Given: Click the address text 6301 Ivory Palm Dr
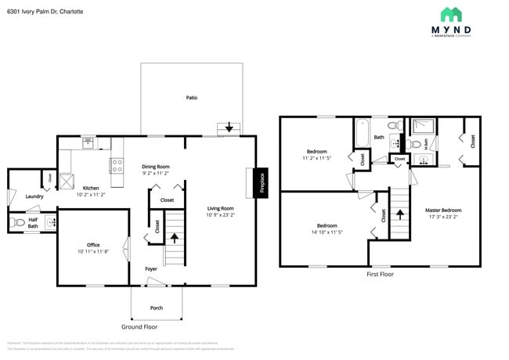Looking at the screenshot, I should (x=45, y=12).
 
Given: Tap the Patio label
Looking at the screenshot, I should (x=191, y=98).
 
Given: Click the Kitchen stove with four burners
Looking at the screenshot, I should (x=117, y=165).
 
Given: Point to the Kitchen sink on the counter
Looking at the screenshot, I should (x=88, y=143).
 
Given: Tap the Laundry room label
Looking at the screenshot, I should (x=34, y=196).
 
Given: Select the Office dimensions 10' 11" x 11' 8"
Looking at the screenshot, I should (x=93, y=252).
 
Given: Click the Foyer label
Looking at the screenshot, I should (x=151, y=269).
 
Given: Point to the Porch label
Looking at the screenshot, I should (x=157, y=308).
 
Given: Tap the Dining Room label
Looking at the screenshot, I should (x=155, y=167).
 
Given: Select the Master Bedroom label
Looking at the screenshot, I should (x=443, y=210).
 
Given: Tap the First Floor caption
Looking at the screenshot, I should (x=380, y=275).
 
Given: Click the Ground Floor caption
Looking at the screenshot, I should (x=140, y=326).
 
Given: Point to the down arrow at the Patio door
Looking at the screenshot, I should (x=229, y=127).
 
